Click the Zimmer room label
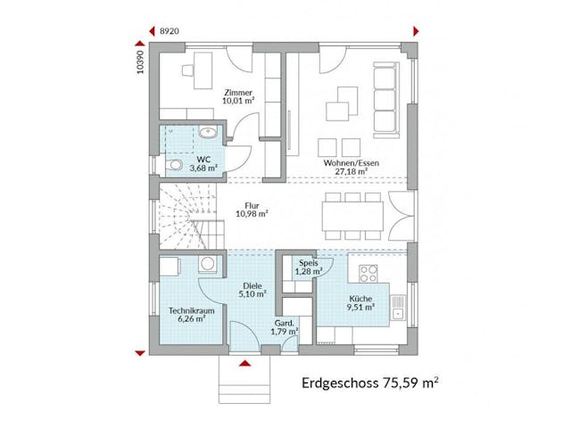coord(239,93)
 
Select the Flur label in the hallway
coord(252,204)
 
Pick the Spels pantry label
coord(308,262)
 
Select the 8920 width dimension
coord(168,31)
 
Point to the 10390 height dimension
coord(141,62)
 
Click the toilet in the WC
coord(175,166)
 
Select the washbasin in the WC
coord(207,134)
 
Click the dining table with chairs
coord(354,213)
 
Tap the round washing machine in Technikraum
coord(208,264)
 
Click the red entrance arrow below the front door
coord(244,363)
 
